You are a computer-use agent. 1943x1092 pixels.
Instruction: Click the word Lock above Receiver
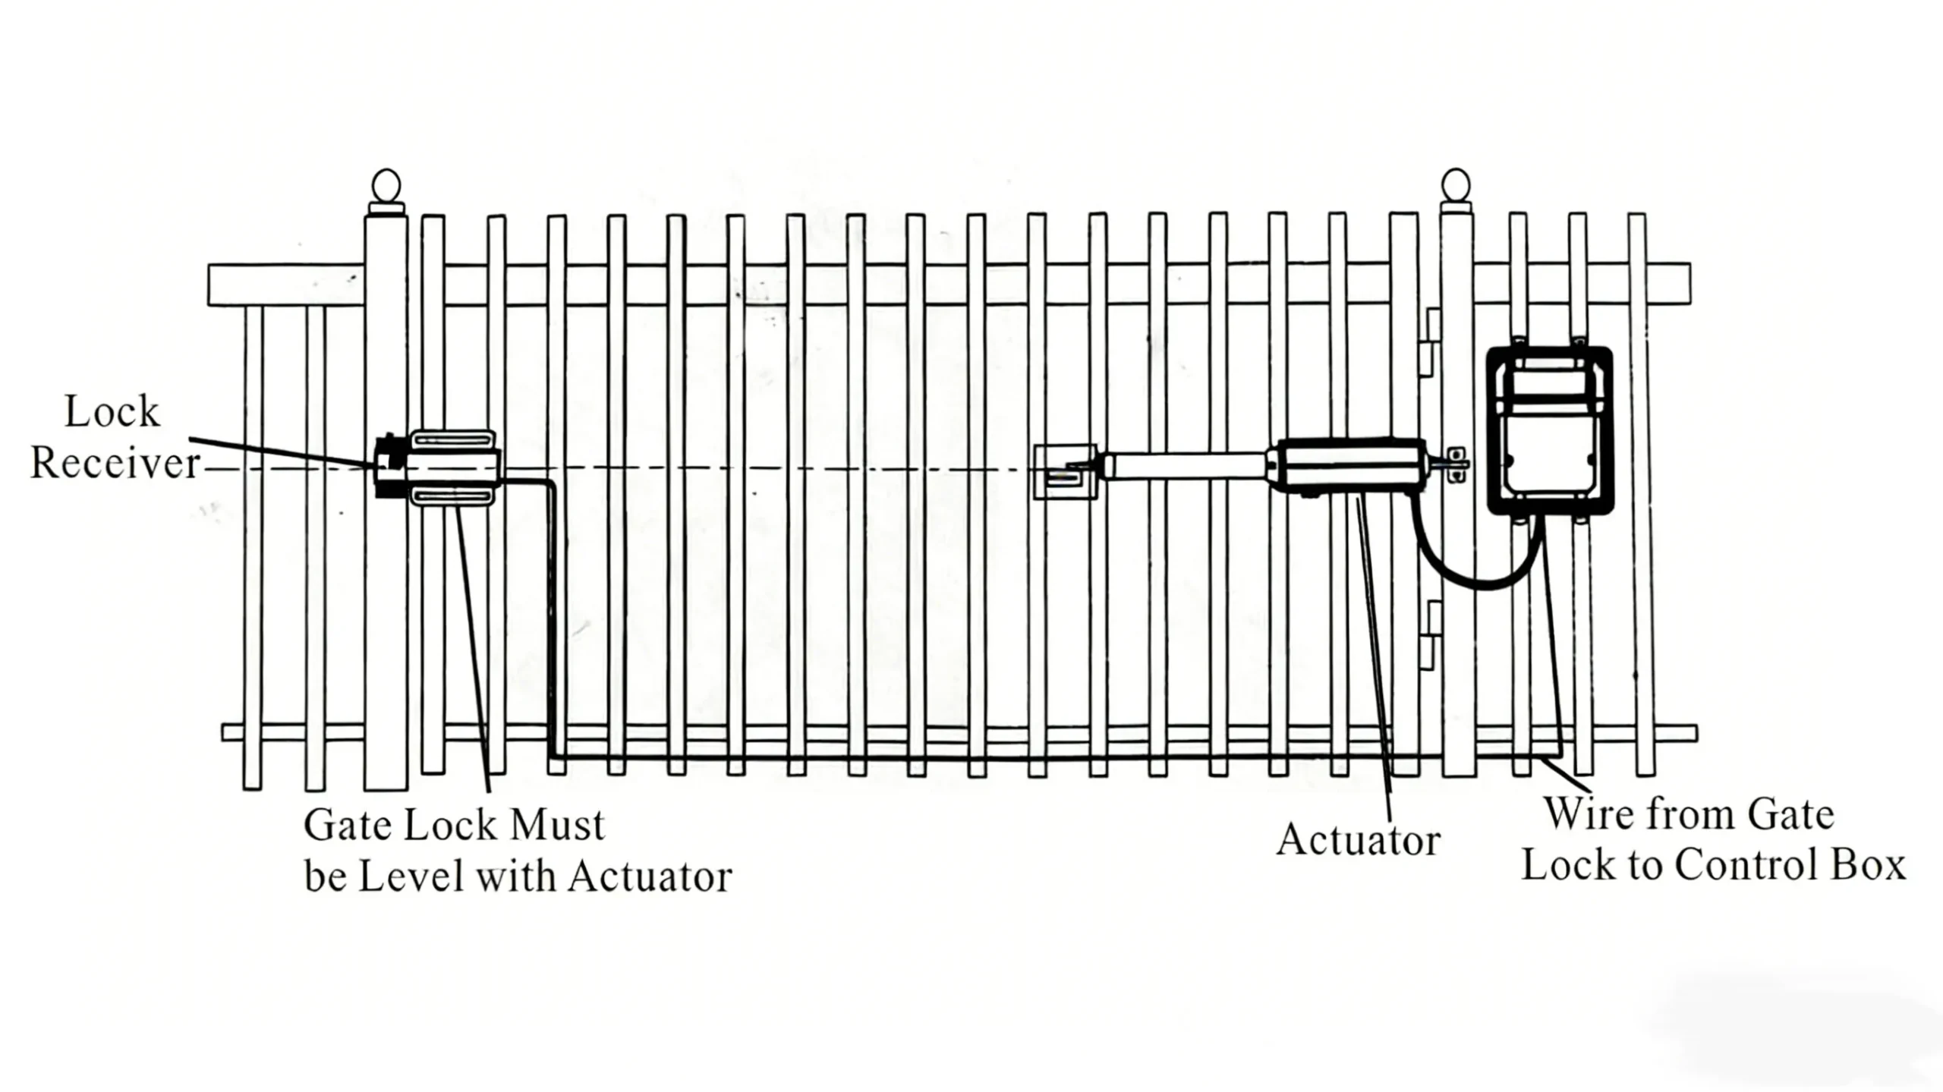112,412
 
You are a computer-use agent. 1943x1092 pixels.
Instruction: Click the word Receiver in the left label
115,463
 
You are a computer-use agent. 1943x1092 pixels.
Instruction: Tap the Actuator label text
1358,841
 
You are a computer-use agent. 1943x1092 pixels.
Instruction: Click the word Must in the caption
558,826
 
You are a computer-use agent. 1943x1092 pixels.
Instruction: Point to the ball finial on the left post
386,186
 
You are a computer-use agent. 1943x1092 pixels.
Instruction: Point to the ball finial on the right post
1456,186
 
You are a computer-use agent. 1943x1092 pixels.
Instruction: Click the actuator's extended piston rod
1184,465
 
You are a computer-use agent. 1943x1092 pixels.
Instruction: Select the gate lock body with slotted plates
453,467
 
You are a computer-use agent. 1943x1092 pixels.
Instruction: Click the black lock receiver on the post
389,467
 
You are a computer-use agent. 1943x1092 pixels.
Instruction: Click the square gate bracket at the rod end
1065,472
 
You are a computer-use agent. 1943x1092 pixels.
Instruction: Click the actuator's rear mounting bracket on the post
1456,464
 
